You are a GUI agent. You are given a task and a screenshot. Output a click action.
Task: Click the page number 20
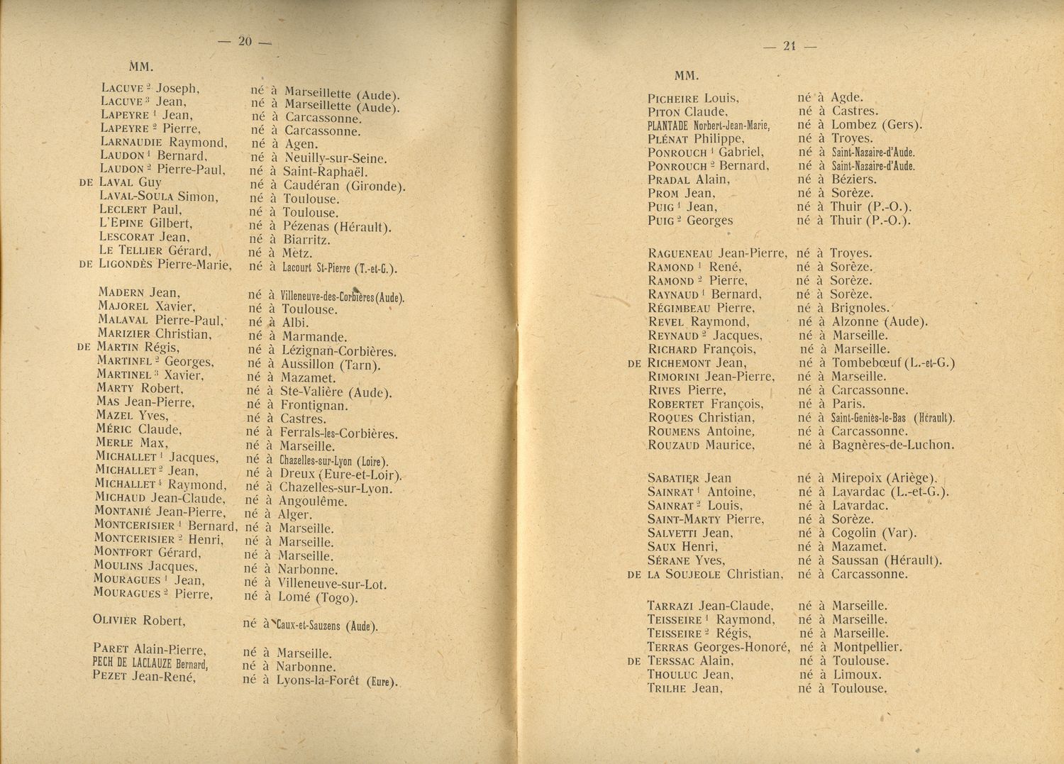245,41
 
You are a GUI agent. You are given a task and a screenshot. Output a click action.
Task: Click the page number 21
789,46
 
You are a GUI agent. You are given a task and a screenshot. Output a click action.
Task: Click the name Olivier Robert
139,620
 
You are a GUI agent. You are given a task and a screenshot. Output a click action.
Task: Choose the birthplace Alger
294,514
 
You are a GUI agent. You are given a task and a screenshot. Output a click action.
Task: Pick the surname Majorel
124,306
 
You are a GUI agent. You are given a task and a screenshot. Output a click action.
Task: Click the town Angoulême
312,501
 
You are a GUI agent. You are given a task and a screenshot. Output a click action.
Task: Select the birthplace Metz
297,253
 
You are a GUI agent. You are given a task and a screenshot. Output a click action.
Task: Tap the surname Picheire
673,99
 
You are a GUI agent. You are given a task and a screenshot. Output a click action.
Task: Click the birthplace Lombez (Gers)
877,125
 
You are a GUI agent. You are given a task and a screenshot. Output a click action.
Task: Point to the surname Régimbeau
680,308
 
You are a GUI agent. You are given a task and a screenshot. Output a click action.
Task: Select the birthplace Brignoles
860,308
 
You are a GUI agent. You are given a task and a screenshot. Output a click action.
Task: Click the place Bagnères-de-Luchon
892,445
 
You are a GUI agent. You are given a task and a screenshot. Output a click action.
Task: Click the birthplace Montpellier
867,647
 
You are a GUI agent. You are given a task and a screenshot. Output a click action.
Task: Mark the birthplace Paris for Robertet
848,404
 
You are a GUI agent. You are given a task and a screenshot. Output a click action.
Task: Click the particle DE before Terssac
635,661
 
